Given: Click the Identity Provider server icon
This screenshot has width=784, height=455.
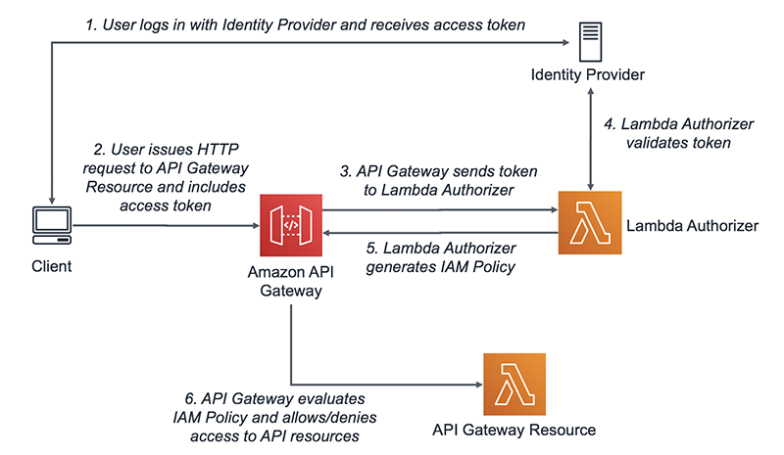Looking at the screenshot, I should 589,43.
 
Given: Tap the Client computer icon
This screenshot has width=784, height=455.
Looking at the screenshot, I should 48,226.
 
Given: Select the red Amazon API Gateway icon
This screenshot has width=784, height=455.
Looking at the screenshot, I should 291,225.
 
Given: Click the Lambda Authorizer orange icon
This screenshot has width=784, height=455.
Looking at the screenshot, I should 589,223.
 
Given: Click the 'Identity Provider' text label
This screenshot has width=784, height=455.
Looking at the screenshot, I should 588,75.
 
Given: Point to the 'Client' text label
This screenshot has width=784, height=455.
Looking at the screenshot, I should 48,265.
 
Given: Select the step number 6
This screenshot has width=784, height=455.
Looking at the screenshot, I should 189,399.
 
